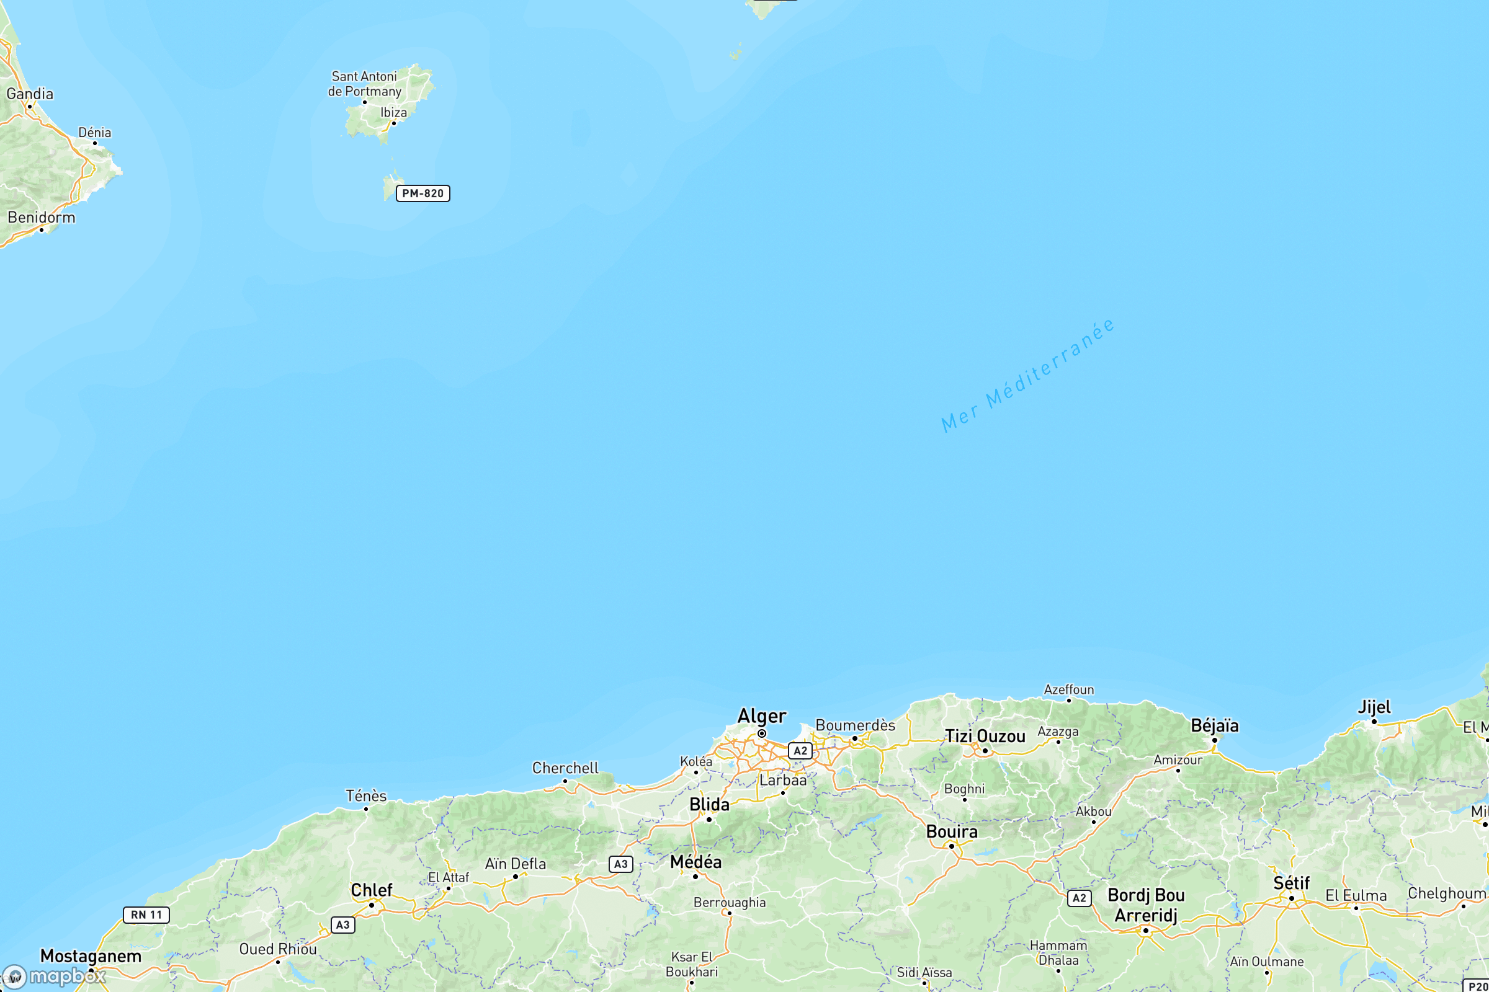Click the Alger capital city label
pyautogui.click(x=762, y=716)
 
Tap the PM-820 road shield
pyautogui.click(x=423, y=193)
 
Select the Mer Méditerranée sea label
pyautogui.click(x=1027, y=376)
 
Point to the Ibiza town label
pyautogui.click(x=393, y=113)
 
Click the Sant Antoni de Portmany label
pyautogui.click(x=365, y=84)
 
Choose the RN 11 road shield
pyautogui.click(x=146, y=915)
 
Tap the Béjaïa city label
pyautogui.click(x=1214, y=725)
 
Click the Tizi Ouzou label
pyautogui.click(x=985, y=737)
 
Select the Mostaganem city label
pyautogui.click(x=91, y=956)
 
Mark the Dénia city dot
pyautogui.click(x=95, y=143)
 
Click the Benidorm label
pyautogui.click(x=41, y=218)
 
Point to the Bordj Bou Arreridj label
pyautogui.click(x=1146, y=905)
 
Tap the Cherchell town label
pyautogui.click(x=565, y=768)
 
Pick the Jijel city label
pyautogui.click(x=1374, y=707)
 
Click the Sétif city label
pyautogui.click(x=1292, y=883)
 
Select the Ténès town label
pyautogui.click(x=366, y=796)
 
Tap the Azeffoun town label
pyautogui.click(x=1068, y=689)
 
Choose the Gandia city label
pyautogui.click(x=30, y=94)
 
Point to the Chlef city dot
pyautogui.click(x=372, y=905)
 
